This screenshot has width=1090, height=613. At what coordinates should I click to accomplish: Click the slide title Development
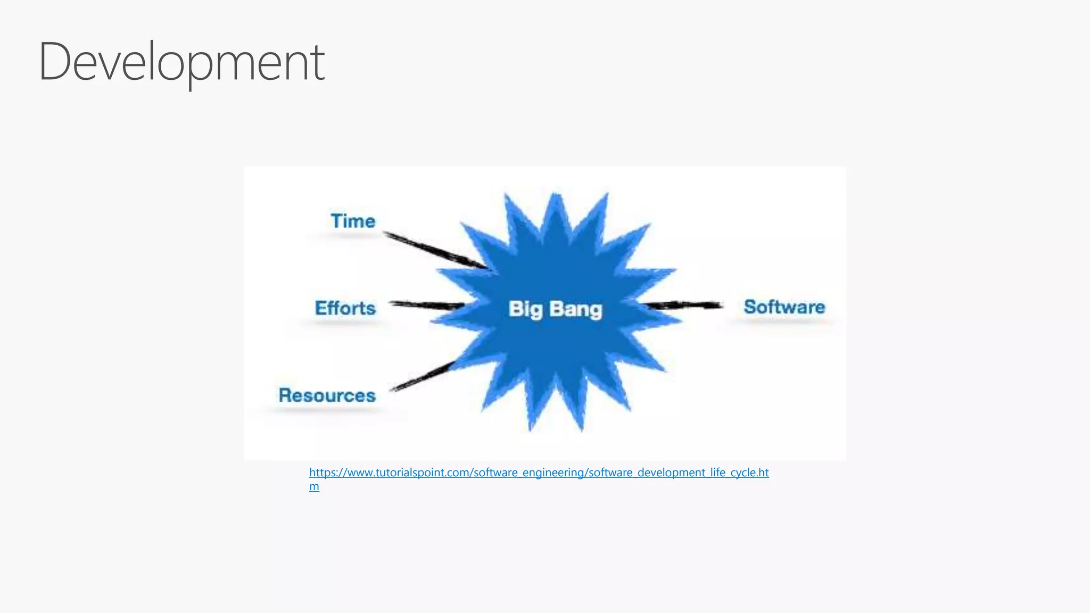181,62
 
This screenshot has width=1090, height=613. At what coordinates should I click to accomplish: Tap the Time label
353,221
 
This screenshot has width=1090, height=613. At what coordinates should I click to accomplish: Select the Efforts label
345,308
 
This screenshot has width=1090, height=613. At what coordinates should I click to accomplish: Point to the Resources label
327,395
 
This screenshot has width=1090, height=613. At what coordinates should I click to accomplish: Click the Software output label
784,307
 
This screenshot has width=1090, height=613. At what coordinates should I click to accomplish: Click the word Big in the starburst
525,309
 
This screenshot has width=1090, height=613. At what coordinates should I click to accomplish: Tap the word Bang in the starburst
575,309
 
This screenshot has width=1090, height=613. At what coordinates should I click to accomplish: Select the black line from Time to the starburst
434,250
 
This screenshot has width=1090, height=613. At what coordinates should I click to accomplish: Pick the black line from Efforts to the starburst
426,305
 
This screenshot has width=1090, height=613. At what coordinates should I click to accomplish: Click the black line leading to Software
684,305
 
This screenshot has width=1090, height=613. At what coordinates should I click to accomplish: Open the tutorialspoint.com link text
539,473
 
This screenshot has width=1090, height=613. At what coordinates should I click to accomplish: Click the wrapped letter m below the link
314,486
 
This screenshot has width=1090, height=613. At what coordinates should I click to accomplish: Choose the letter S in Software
751,307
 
